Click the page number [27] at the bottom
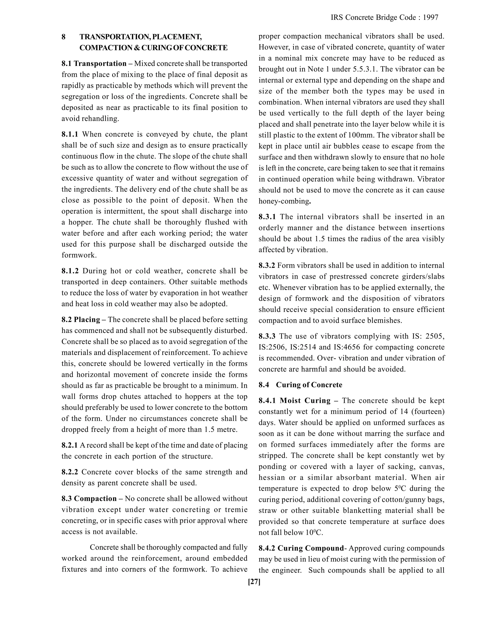coord(254,582)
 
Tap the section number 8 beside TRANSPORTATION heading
coord(64,37)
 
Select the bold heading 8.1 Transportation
coord(94,64)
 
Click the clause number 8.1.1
coord(70,134)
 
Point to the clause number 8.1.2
coord(70,271)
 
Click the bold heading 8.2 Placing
coord(81,320)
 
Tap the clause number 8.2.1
coord(69,445)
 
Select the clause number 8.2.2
coord(70,472)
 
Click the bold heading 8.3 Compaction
coord(89,499)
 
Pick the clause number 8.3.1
coord(267,217)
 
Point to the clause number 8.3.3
coord(267,336)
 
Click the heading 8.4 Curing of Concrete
coord(300,385)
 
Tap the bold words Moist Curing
coord(305,401)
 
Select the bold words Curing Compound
coord(310,548)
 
